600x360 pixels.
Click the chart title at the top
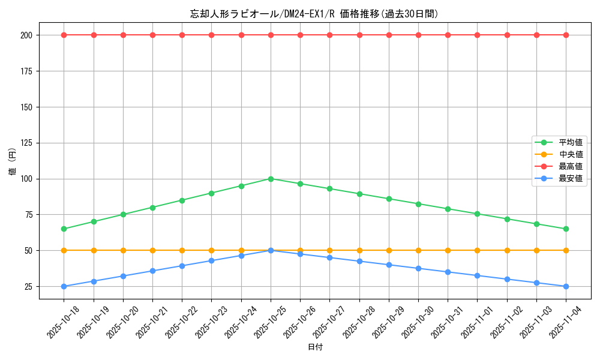(x=314, y=14)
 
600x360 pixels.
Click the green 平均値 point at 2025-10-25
(x=271, y=179)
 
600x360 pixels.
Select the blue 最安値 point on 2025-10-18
(x=64, y=286)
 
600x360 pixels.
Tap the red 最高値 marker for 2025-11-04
(x=566, y=35)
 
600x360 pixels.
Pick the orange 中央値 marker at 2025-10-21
(x=152, y=250)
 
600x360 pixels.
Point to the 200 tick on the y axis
(x=26, y=35)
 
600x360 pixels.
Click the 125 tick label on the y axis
(x=26, y=143)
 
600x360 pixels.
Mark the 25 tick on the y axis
(x=28, y=286)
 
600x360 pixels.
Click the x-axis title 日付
(x=315, y=347)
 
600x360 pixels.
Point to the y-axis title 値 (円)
(x=13, y=162)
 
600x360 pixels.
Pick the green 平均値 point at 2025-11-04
(x=566, y=229)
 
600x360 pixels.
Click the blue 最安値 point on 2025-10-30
(x=418, y=268)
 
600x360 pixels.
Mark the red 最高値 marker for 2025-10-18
(x=64, y=35)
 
